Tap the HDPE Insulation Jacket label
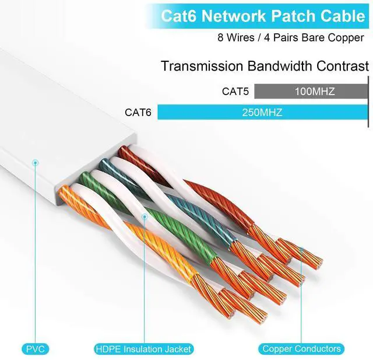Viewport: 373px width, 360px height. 143,349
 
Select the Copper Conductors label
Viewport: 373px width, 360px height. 301,349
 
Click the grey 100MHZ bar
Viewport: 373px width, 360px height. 311,92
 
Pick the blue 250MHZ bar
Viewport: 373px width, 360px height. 262,112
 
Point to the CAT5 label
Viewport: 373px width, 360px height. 235,92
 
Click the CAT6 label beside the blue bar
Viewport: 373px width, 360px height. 138,112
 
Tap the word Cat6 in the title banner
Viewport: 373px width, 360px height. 178,16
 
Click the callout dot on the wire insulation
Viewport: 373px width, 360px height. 143,217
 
